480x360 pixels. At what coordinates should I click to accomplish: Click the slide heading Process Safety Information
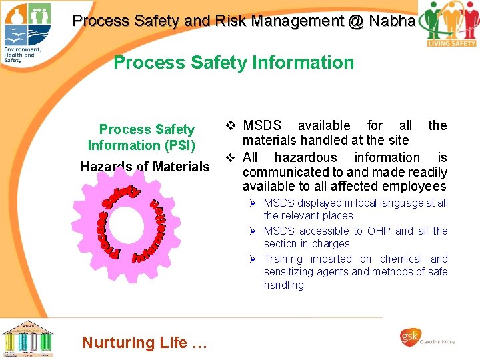point(233,63)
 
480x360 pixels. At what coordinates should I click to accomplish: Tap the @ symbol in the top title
point(355,21)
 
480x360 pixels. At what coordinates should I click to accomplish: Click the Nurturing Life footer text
point(145,343)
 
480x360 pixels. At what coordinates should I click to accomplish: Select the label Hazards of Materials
point(145,167)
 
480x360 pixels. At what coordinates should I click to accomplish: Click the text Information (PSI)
point(141,145)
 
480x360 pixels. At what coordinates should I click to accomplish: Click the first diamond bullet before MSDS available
point(230,125)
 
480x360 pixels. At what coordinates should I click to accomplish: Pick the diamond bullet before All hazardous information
point(230,157)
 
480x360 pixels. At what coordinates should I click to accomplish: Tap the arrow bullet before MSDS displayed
point(254,203)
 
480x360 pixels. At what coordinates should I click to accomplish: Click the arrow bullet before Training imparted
point(254,259)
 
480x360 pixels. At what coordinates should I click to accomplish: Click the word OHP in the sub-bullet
point(379,231)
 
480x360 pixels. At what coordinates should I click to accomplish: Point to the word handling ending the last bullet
point(283,285)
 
